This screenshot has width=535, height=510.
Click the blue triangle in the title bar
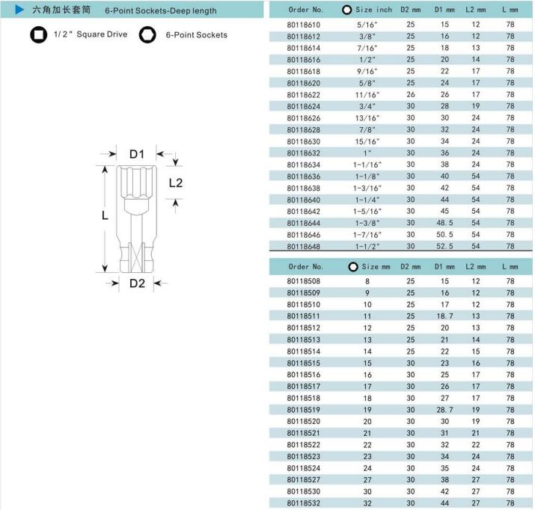[x=19, y=10]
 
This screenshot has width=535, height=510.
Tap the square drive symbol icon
[x=39, y=34]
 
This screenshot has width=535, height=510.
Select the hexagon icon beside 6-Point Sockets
[x=147, y=34]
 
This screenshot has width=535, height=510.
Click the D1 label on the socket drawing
[x=137, y=154]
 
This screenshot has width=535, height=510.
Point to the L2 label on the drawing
[x=176, y=183]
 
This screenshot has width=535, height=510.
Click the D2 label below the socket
[x=137, y=283]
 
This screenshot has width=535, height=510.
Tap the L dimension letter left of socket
[x=105, y=215]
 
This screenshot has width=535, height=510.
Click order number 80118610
[x=303, y=25]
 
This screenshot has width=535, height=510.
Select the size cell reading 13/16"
[x=367, y=118]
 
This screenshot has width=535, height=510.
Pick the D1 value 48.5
[x=444, y=223]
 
